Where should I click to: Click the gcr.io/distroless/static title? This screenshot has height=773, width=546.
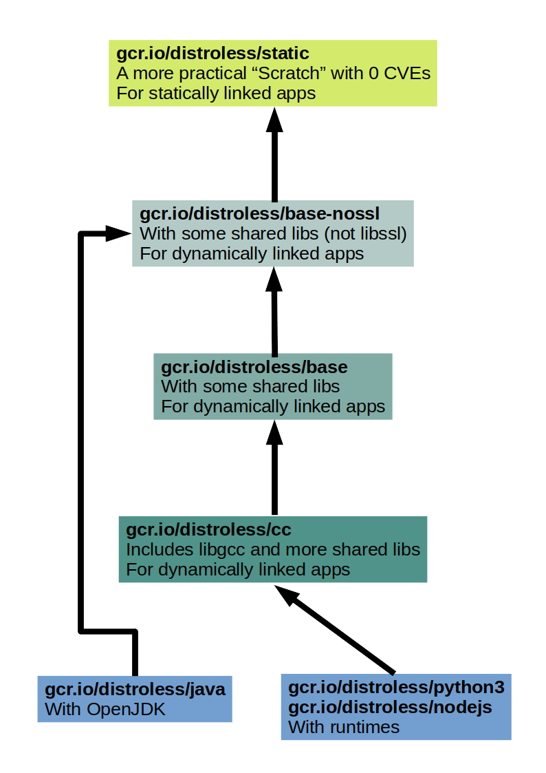tap(212, 53)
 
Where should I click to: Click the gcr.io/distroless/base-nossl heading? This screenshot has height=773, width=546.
tap(259, 213)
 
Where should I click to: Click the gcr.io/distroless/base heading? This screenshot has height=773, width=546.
tap(254, 366)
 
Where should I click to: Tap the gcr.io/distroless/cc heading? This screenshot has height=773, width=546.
tap(208, 529)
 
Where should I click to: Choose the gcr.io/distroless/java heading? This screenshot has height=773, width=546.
tap(135, 689)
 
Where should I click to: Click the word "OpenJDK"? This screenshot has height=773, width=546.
tap(127, 709)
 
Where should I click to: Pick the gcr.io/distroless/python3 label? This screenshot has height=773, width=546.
tap(396, 687)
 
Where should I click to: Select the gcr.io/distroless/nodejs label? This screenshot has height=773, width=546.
tap(390, 706)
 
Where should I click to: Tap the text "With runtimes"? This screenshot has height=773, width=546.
tap(344, 726)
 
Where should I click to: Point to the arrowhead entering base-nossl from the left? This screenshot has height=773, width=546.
tap(118, 233)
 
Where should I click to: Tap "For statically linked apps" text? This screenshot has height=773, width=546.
tap(216, 93)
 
